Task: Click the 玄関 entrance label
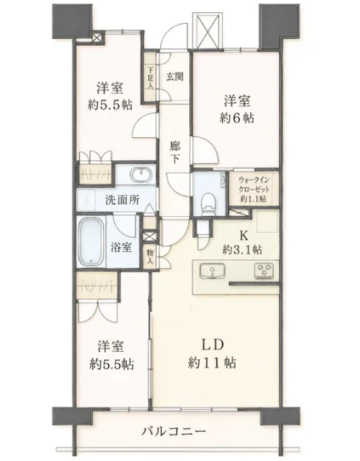click(x=175, y=77)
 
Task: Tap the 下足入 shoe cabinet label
click(x=151, y=78)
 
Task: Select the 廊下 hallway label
click(x=175, y=152)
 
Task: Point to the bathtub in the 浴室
click(x=91, y=242)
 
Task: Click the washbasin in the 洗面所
click(x=141, y=175)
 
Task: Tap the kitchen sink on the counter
click(x=212, y=271)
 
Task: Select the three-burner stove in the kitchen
click(x=264, y=271)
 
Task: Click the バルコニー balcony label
click(x=174, y=431)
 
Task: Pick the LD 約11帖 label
click(x=212, y=354)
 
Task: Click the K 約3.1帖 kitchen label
click(x=243, y=242)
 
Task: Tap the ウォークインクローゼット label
click(x=254, y=189)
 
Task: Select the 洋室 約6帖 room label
click(x=237, y=110)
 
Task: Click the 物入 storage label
click(x=151, y=256)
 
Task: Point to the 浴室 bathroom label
click(x=121, y=248)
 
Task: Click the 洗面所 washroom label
click(x=123, y=200)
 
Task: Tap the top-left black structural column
click(x=72, y=21)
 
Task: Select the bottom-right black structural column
click(x=280, y=416)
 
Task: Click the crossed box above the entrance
click(x=207, y=30)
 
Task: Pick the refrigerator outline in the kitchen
click(x=267, y=221)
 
